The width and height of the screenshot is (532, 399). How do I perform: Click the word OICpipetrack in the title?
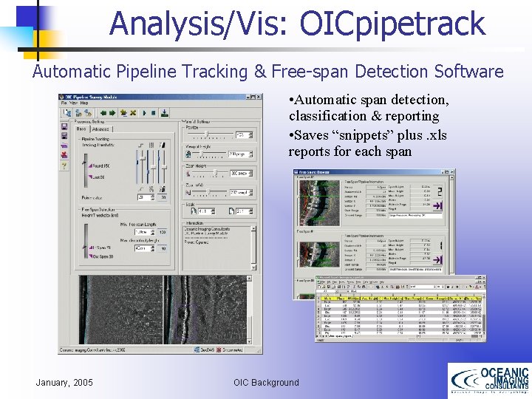392,24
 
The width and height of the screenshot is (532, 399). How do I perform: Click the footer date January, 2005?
64,382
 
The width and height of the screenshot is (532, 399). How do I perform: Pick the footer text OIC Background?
266,382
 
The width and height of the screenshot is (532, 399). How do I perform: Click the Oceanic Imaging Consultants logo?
488,381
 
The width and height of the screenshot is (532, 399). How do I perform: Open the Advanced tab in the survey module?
100,129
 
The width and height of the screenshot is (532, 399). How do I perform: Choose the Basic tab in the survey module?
81,129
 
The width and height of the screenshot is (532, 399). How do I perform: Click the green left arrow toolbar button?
103,113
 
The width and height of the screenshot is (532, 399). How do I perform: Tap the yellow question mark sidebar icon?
65,166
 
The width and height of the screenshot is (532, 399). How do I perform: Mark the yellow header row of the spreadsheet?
399,297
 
